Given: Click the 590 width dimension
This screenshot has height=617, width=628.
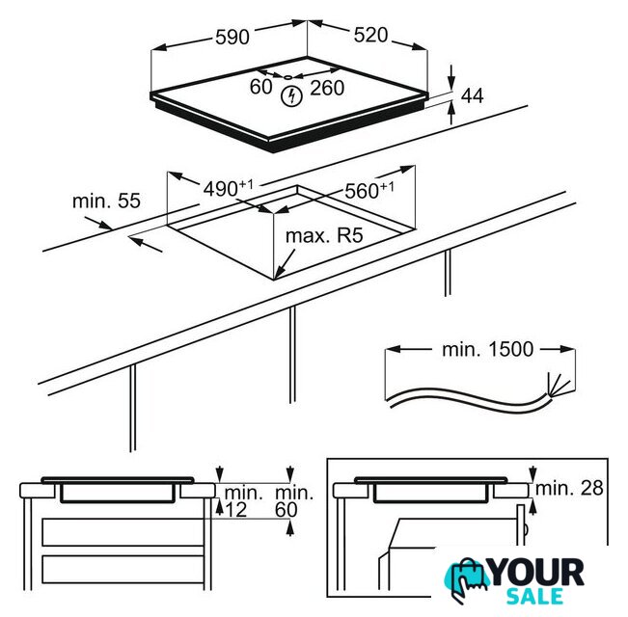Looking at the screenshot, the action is [x=232, y=37].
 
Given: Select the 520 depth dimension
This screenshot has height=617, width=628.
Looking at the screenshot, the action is [x=370, y=36].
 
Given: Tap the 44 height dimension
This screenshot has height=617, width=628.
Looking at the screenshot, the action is [x=472, y=95].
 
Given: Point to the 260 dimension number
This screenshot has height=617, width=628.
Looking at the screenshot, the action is [x=327, y=88].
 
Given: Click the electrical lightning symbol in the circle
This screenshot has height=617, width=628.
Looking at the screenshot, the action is [x=291, y=96].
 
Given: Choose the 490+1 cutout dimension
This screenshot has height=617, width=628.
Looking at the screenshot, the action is [x=229, y=188].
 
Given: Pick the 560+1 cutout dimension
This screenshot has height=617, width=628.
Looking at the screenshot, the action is [x=369, y=190].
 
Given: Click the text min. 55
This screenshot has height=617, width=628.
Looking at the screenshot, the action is [x=106, y=201].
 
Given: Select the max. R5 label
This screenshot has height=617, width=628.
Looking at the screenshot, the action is [x=324, y=235].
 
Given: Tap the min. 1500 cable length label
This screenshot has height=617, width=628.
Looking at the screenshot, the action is [x=487, y=349].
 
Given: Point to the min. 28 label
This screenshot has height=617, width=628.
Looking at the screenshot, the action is [x=569, y=488].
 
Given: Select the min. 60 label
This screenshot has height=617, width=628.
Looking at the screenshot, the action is [x=294, y=501].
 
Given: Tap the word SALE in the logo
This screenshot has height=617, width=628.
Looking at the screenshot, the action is [x=534, y=596].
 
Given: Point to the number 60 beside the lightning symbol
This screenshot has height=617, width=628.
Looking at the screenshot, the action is [x=260, y=87].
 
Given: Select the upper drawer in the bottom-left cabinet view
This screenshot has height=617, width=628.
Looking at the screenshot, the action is [x=123, y=532].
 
